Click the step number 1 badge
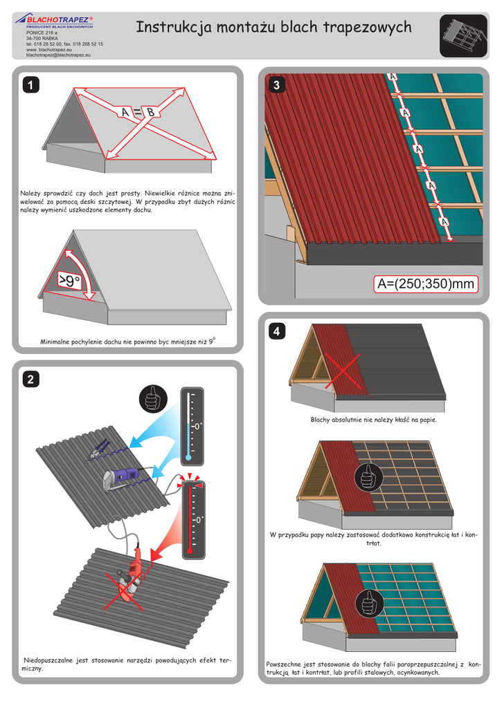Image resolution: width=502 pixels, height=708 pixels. click(x=30, y=85)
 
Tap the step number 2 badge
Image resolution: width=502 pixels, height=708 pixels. click(x=30, y=379)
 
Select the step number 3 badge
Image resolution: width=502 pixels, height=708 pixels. click(x=277, y=86)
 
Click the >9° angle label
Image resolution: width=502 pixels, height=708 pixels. click(x=69, y=281)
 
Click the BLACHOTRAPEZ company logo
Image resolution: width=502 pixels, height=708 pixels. click(x=60, y=21)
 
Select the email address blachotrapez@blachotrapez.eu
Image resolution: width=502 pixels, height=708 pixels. click(x=58, y=55)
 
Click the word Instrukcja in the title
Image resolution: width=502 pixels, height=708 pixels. click(x=171, y=27)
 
